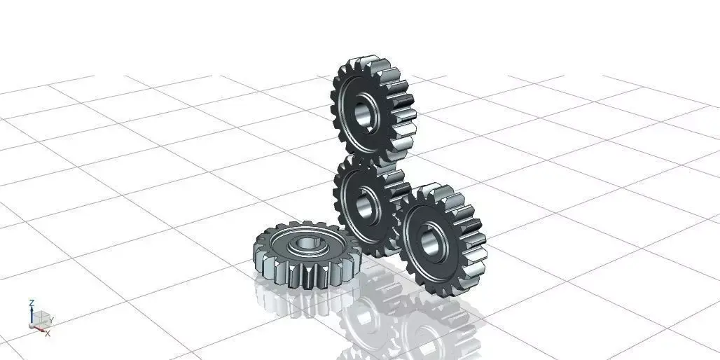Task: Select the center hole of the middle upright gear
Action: point(365,205)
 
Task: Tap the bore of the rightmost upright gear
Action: point(429,240)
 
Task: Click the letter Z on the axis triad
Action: point(32,303)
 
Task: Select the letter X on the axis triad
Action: point(48,333)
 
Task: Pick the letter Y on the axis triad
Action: point(52,320)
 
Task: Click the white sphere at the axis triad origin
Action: point(32,326)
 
